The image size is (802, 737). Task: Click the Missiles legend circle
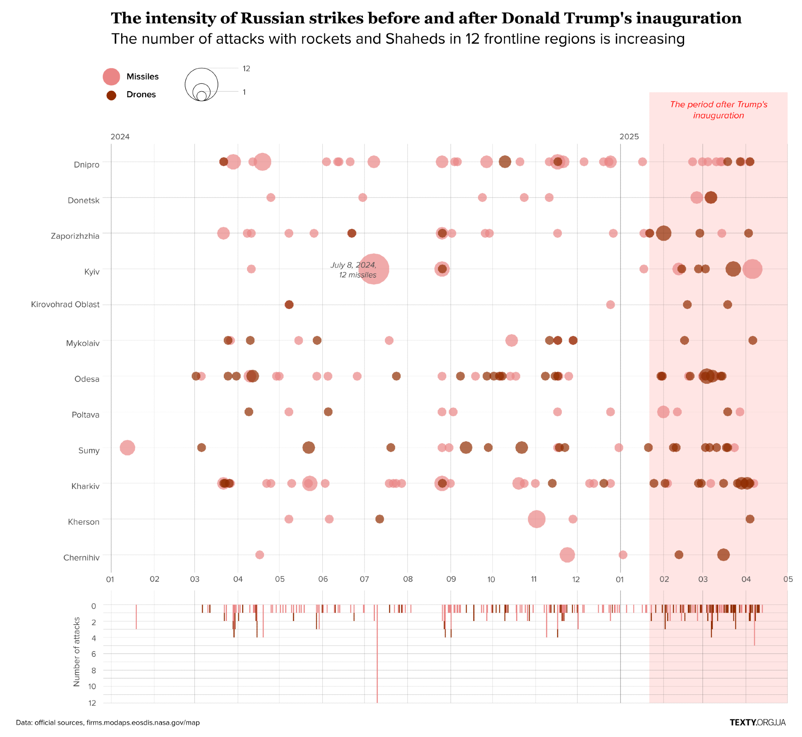point(111,77)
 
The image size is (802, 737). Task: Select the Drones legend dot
point(111,95)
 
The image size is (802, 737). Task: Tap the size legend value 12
point(246,69)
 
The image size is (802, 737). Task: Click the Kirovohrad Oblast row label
point(65,305)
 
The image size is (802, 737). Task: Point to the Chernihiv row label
point(81,558)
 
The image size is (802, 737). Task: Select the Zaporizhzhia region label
point(75,236)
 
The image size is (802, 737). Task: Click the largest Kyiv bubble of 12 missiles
point(374,269)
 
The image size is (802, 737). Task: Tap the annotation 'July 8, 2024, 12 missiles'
point(353,270)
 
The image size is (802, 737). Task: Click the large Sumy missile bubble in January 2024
point(127,448)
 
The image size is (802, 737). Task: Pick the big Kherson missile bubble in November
point(537,519)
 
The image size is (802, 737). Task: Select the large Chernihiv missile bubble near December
point(567,555)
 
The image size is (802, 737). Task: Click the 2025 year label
point(629,137)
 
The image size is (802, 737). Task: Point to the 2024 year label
point(120,137)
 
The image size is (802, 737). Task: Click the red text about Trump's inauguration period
point(718,110)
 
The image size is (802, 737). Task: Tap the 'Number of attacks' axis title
point(77,651)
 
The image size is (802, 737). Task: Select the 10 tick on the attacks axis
point(92,686)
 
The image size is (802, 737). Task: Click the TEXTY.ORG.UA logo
point(757,723)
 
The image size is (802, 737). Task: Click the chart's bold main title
point(426,18)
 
